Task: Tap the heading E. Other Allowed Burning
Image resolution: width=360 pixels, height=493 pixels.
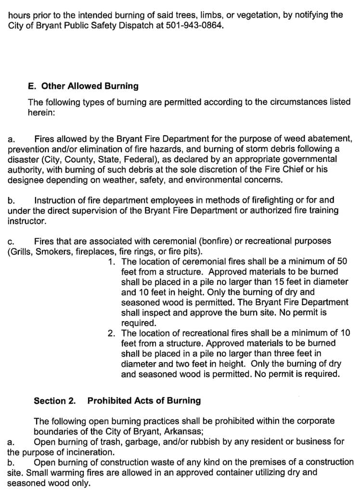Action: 83,86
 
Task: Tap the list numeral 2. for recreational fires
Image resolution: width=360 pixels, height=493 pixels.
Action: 112,333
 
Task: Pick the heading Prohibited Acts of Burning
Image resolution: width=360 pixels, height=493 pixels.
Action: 144,401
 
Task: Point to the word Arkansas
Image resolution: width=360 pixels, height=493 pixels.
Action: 186,431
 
